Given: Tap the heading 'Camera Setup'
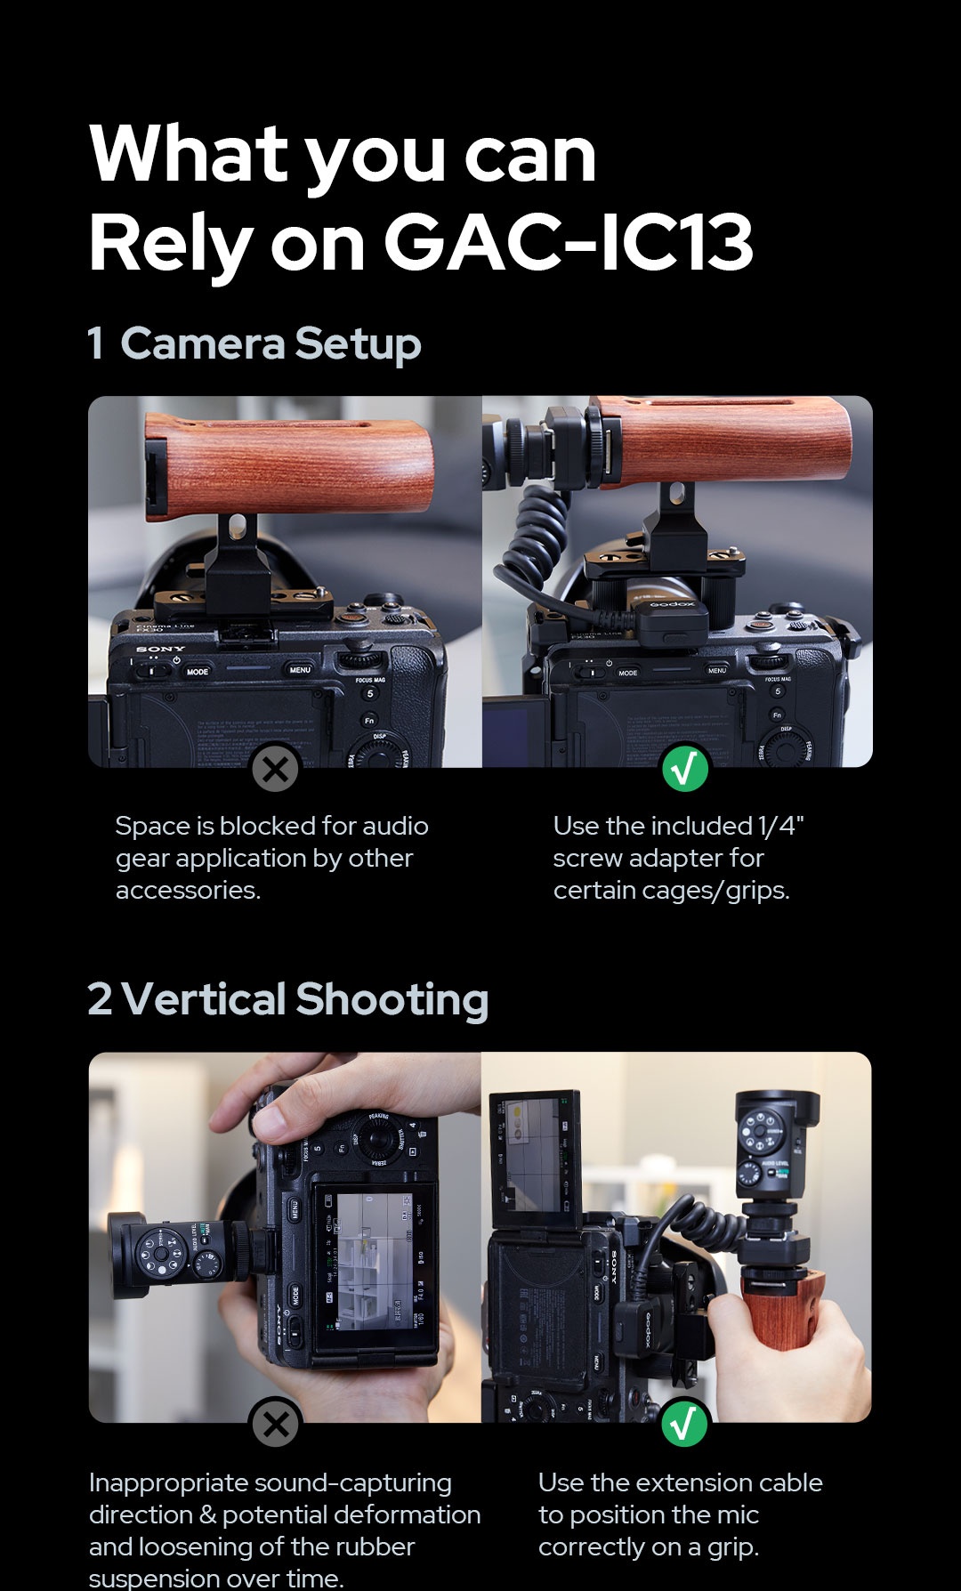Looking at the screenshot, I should tap(271, 343).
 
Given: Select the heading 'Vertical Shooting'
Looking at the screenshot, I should tap(304, 999).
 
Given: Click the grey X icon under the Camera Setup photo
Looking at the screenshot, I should tap(275, 768).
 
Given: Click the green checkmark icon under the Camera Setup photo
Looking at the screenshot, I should tap(685, 769).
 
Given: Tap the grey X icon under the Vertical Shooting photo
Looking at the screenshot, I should tap(275, 1424).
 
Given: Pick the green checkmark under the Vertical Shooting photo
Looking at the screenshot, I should tap(684, 1424).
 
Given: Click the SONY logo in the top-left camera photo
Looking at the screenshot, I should tap(161, 649).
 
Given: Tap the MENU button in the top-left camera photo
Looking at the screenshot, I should tap(300, 669).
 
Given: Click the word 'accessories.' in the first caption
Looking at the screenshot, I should tap(188, 890).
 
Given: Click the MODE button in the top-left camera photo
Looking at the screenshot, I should tap(198, 672).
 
